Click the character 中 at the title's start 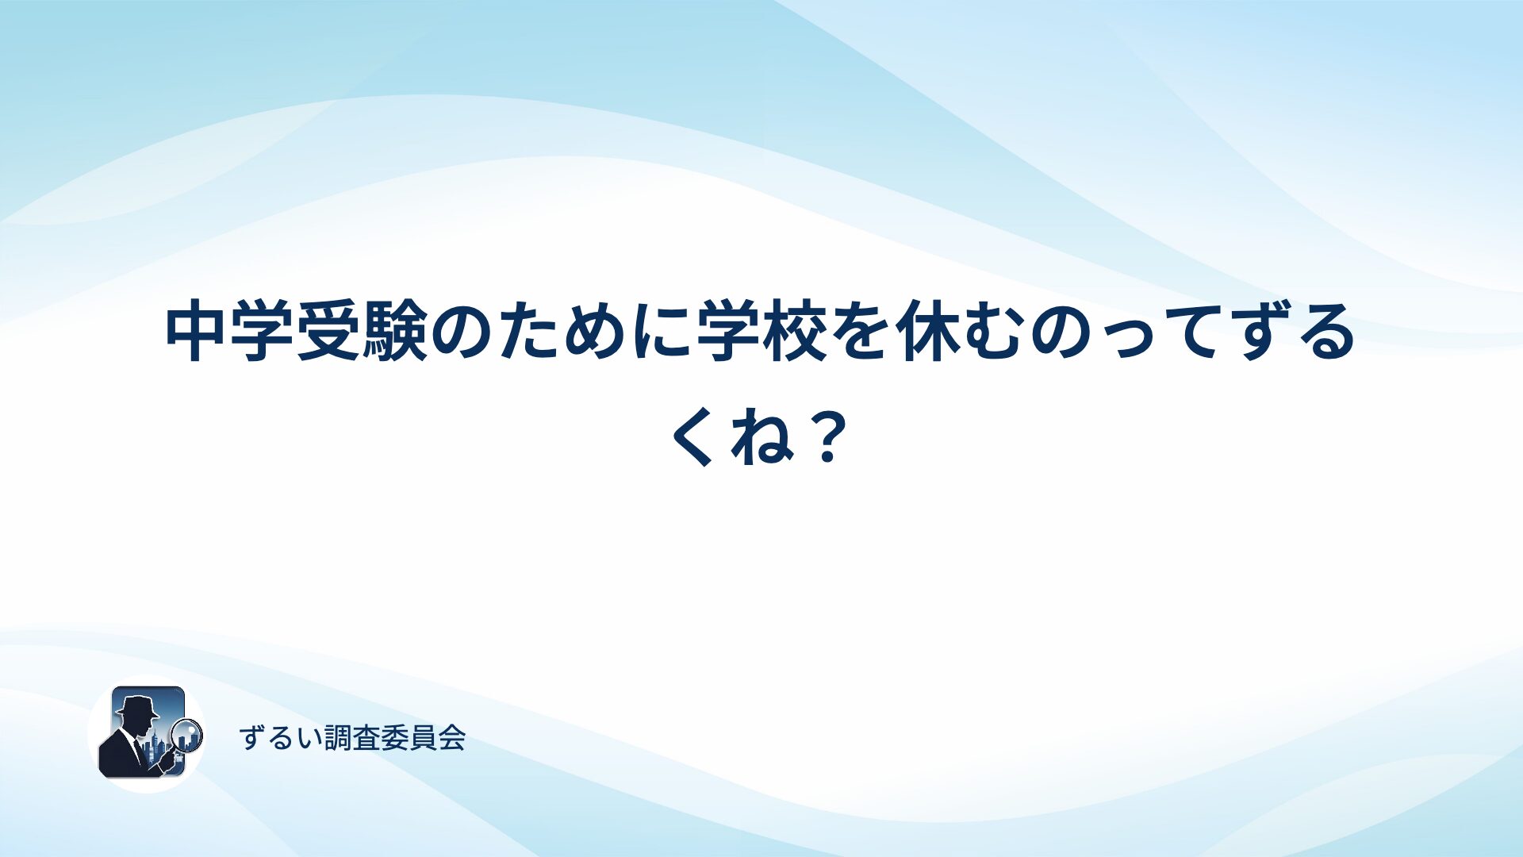(x=198, y=332)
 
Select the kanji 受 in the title (x=329, y=332)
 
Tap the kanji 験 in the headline (x=395, y=332)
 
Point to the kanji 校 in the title (x=793, y=332)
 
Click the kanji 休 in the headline (x=926, y=332)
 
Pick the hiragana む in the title (x=992, y=332)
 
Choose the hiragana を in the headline (x=860, y=332)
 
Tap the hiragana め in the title (x=594, y=332)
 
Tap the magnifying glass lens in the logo (x=187, y=735)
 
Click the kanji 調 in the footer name (x=338, y=738)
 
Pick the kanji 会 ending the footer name (x=451, y=738)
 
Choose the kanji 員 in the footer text (x=424, y=738)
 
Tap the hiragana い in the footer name (x=310, y=739)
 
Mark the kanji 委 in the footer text (x=395, y=738)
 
